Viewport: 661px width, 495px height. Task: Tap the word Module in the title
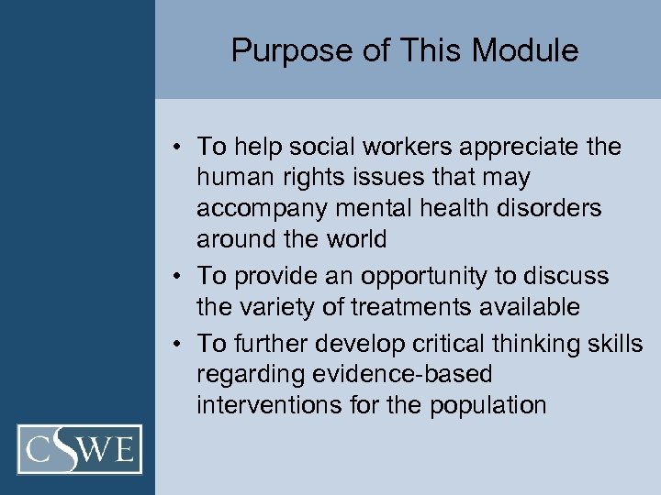[531, 50]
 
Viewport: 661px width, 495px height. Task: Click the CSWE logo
[80, 449]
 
